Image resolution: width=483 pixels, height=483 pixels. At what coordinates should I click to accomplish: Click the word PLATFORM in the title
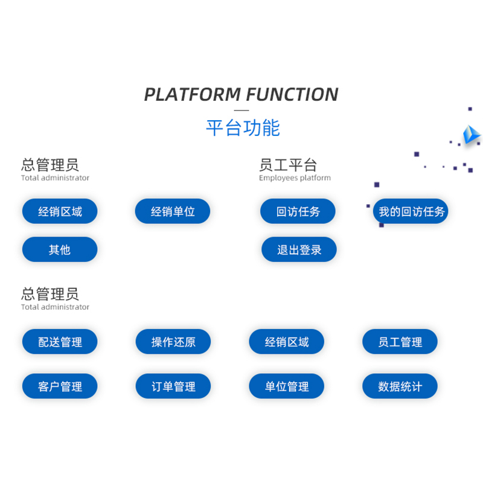pos(193,94)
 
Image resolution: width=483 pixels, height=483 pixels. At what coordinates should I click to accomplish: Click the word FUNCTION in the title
pos(292,94)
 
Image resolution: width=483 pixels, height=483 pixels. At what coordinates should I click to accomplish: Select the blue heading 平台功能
pos(243,127)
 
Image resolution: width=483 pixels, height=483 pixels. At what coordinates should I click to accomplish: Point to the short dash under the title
pos(241,110)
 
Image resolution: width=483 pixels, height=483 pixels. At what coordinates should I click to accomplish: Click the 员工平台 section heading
pos(288,165)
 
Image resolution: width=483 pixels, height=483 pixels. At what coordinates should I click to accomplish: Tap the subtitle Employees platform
pos(295,178)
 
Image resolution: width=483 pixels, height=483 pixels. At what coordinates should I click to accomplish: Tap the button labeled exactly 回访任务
pos(298,211)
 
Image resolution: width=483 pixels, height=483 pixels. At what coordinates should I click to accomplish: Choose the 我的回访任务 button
pos(411,211)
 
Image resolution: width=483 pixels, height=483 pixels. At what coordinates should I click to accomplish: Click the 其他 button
pos(60,249)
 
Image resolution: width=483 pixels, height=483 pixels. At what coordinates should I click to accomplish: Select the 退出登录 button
pos(299,249)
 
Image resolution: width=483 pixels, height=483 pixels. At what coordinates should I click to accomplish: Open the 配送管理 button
pos(60,342)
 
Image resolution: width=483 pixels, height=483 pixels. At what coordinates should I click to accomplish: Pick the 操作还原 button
pos(173,342)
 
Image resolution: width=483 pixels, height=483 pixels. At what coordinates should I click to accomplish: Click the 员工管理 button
pos(400,342)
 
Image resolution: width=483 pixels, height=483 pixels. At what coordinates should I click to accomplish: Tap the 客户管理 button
pos(60,386)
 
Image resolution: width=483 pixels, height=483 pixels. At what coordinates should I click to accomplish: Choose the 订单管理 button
pos(173,386)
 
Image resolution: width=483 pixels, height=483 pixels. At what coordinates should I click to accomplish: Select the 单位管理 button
pos(286,386)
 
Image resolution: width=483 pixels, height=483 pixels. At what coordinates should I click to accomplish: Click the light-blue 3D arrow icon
pos(471,135)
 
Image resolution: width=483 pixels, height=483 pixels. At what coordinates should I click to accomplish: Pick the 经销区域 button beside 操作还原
pos(286,342)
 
